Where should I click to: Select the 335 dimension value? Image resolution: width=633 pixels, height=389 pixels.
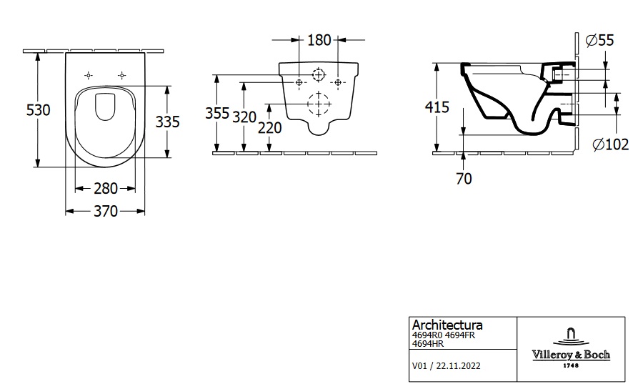[x=168, y=122]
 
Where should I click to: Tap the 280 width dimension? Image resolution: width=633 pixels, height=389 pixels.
[x=106, y=189]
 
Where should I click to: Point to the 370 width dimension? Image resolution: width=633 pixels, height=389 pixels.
[x=106, y=212]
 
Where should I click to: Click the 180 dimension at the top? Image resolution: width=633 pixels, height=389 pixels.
[x=319, y=40]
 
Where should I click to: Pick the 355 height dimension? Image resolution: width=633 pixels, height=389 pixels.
[x=217, y=113]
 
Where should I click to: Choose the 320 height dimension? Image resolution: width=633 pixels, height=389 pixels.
[x=244, y=117]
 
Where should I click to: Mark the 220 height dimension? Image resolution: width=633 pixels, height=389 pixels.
[x=269, y=128]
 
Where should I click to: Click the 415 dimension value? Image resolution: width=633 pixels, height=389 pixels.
[x=437, y=107]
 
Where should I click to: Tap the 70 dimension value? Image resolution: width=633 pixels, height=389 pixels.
[x=464, y=179]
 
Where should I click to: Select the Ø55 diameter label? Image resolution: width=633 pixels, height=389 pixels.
[x=600, y=41]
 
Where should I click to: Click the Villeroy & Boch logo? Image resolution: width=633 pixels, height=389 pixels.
[x=569, y=347]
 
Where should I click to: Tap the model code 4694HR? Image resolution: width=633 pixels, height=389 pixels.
[x=427, y=344]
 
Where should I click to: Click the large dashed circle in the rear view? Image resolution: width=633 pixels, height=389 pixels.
[x=316, y=104]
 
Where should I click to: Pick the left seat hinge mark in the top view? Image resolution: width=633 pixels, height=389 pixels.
[x=89, y=75]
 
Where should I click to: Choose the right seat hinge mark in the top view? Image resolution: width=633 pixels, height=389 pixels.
[x=122, y=75]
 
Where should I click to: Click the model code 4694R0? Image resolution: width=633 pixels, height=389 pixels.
[x=427, y=335]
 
